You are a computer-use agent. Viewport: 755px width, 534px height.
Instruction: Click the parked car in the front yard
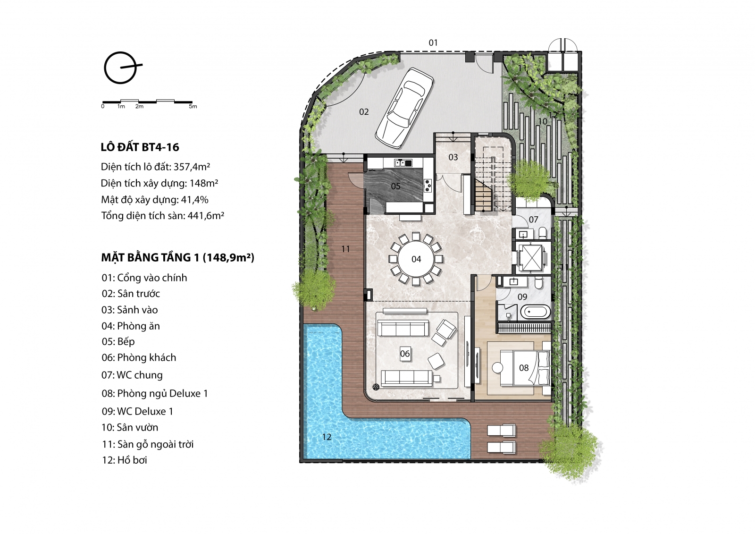point(404,108)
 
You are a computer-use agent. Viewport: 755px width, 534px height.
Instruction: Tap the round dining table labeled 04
point(416,259)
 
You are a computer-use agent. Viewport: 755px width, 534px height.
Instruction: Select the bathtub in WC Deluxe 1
point(536,312)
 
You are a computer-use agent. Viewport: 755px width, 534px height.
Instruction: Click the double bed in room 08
point(525,368)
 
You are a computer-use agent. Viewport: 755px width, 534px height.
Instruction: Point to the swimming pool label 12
point(327,437)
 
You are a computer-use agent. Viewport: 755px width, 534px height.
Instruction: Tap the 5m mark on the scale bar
point(193,106)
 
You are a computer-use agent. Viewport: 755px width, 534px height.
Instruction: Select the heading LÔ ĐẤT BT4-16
point(140,147)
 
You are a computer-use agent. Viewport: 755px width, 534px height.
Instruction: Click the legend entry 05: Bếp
point(118,341)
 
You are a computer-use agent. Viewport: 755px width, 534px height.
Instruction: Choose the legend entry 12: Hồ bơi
point(125,460)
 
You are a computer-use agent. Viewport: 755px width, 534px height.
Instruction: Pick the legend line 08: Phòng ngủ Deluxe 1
point(155,394)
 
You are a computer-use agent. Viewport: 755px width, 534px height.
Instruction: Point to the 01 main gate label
point(433,43)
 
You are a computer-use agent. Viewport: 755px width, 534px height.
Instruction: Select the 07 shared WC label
point(533,220)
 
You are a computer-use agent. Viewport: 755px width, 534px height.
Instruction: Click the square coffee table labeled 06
point(405,354)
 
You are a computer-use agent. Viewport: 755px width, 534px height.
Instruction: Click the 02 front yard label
point(364,111)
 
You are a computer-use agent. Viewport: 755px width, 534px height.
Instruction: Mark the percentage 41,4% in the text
point(194,200)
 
